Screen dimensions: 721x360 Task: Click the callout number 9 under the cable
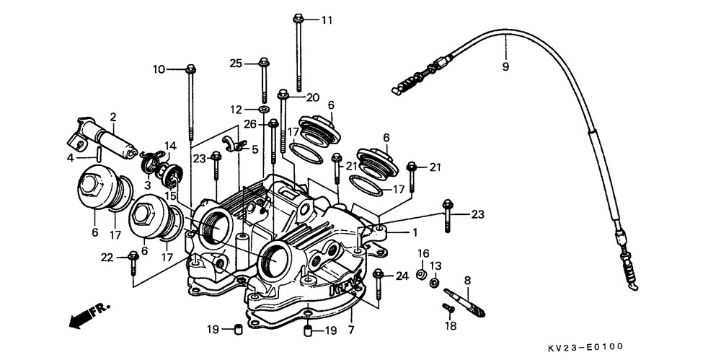click(x=505, y=67)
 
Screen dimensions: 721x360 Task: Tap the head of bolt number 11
click(x=298, y=19)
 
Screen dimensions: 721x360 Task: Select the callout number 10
click(x=159, y=69)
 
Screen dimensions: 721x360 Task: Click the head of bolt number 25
click(x=264, y=62)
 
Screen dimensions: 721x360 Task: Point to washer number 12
click(x=264, y=110)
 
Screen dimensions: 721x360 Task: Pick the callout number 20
click(x=313, y=97)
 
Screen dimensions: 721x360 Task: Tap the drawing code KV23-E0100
click(x=585, y=347)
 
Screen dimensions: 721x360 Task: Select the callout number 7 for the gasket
click(x=351, y=330)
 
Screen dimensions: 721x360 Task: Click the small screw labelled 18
click(x=448, y=308)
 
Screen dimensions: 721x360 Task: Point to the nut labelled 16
click(x=421, y=275)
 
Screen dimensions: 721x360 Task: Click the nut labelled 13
click(x=433, y=283)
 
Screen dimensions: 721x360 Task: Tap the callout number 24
click(x=402, y=276)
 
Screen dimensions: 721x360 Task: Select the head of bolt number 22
click(x=133, y=255)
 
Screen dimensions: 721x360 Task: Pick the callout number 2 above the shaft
click(x=113, y=116)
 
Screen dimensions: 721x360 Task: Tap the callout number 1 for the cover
click(x=415, y=233)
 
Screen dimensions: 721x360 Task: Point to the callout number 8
click(x=467, y=280)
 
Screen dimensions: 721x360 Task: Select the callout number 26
click(x=251, y=124)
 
